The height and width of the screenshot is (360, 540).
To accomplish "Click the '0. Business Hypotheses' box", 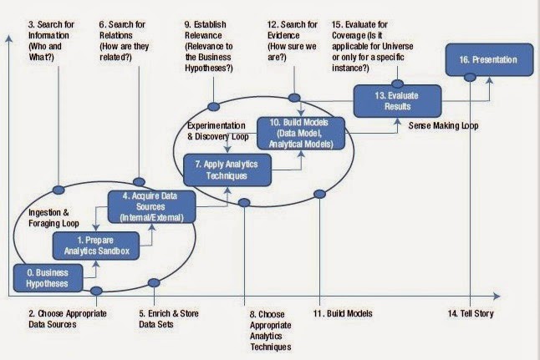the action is point(45,277).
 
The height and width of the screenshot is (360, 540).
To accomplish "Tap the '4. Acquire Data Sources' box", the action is point(151,205).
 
